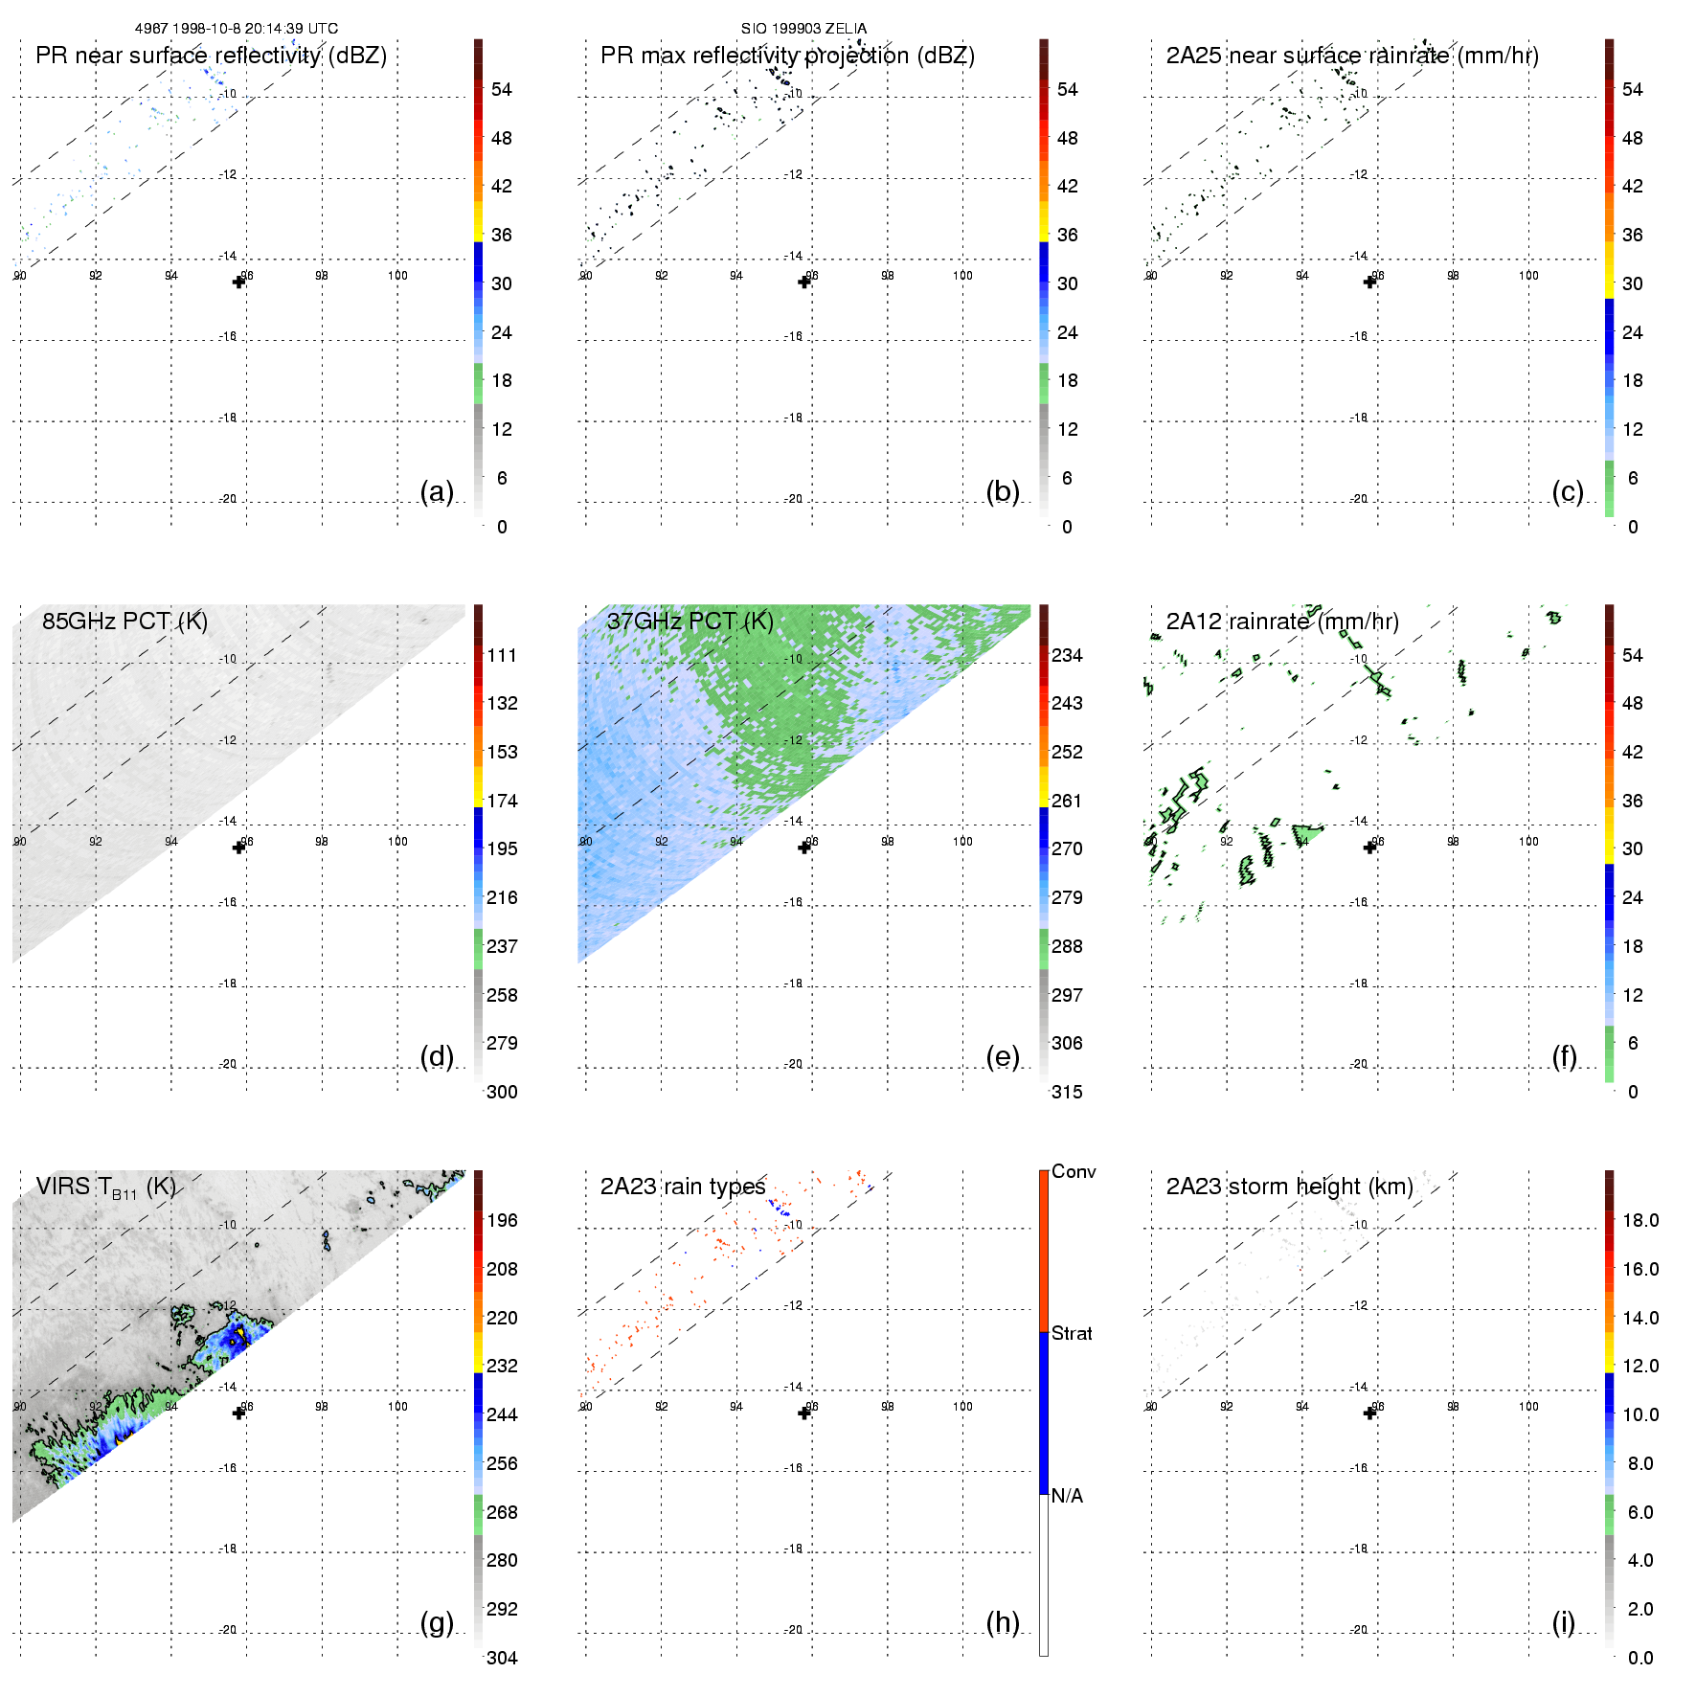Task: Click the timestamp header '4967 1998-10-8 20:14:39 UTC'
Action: [x=236, y=29]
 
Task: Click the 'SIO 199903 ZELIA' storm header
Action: [x=803, y=29]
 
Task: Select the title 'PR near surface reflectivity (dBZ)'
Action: [x=211, y=56]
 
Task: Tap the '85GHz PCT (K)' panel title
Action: [x=124, y=621]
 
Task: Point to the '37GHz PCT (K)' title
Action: [x=690, y=621]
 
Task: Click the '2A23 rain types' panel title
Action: [x=682, y=1187]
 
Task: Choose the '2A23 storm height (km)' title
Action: [x=1289, y=1187]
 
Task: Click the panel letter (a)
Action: [x=437, y=491]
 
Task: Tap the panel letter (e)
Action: [x=1002, y=1057]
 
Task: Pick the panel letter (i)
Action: [x=1563, y=1622]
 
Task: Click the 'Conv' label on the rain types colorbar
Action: [x=1074, y=1171]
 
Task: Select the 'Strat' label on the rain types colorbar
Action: [x=1072, y=1333]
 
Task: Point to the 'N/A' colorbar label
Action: [x=1067, y=1496]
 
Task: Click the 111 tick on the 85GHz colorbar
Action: [x=502, y=655]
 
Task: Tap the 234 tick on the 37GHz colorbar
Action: [x=1067, y=655]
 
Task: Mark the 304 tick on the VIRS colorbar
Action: [x=502, y=1658]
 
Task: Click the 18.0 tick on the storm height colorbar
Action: [x=1640, y=1220]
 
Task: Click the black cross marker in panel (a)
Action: [x=238, y=282]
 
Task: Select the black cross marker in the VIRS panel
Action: [x=238, y=1413]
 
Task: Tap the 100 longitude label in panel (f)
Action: [x=1528, y=841]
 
